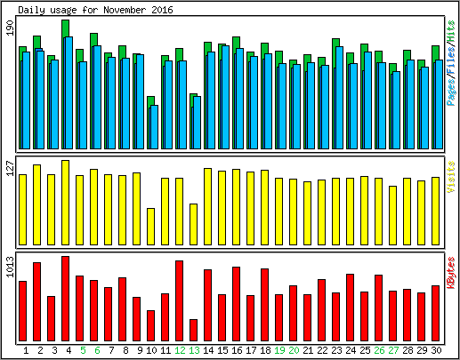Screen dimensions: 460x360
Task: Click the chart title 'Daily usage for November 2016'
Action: [x=95, y=10]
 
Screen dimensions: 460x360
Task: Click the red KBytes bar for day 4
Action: [x=65, y=299]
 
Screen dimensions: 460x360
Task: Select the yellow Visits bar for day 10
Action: [x=150, y=227]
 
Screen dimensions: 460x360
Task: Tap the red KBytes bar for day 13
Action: [x=193, y=330]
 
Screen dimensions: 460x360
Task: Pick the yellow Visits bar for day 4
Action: [x=65, y=203]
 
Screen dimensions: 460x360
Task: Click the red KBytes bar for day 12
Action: [x=179, y=300]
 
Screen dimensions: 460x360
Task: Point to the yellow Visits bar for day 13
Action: [x=193, y=224]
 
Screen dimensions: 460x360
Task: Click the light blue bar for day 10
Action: [x=154, y=127]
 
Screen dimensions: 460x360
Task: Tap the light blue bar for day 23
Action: [x=339, y=98]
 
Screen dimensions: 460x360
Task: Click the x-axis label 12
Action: [x=180, y=350]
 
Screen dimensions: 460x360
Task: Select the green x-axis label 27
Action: [x=393, y=350]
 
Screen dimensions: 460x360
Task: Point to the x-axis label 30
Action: [x=436, y=350]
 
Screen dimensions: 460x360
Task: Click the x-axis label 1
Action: [x=26, y=350]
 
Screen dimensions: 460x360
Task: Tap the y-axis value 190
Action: [x=10, y=28]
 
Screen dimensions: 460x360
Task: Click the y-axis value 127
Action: [x=10, y=169]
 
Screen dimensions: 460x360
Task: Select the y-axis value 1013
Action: [x=10, y=267]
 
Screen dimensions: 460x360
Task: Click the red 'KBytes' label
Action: [x=451, y=273]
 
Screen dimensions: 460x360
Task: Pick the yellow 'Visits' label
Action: [x=451, y=177]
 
